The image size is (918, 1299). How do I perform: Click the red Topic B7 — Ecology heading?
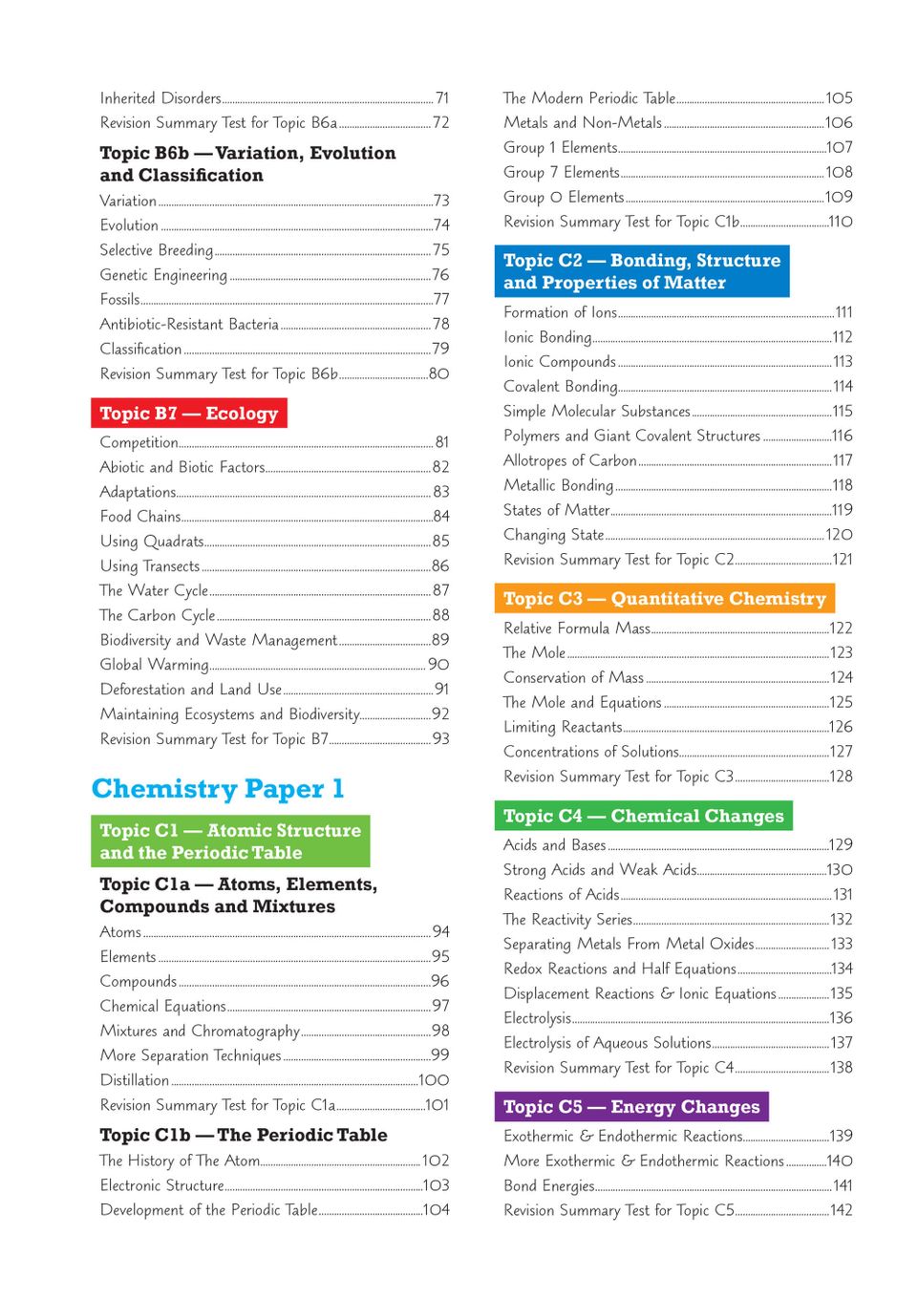pyautogui.click(x=189, y=414)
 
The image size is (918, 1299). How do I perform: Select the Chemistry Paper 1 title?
pyautogui.click(x=218, y=789)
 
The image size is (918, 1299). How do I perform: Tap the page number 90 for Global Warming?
pyautogui.click(x=438, y=665)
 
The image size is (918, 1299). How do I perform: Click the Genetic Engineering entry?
pyautogui.click(x=163, y=275)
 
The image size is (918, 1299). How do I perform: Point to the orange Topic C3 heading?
pyautogui.click(x=664, y=599)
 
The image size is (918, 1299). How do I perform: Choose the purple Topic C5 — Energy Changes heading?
pyautogui.click(x=631, y=1107)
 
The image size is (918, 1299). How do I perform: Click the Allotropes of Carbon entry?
pyautogui.click(x=570, y=460)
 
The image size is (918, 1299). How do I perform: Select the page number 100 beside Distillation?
pyautogui.click(x=434, y=1080)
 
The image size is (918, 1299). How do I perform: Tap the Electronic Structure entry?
pyautogui.click(x=162, y=1185)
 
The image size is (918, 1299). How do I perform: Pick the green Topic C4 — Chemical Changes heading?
pyautogui.click(x=643, y=816)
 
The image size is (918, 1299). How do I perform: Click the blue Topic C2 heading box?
pyautogui.click(x=642, y=271)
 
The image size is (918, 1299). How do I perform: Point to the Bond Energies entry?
pyautogui.click(x=549, y=1185)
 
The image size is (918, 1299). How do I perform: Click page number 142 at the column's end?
pyautogui.click(x=841, y=1210)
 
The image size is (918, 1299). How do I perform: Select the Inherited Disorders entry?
pyautogui.click(x=160, y=98)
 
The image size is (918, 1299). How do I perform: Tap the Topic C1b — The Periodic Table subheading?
pyautogui.click(x=244, y=1136)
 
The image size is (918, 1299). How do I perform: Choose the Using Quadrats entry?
pyautogui.click(x=152, y=542)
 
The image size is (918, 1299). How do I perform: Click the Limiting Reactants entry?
pyautogui.click(x=563, y=727)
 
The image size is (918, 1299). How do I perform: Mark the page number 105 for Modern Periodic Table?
pyautogui.click(x=839, y=98)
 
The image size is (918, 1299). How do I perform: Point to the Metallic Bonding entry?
pyautogui.click(x=559, y=485)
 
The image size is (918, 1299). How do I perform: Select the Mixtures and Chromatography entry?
pyautogui.click(x=200, y=1031)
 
